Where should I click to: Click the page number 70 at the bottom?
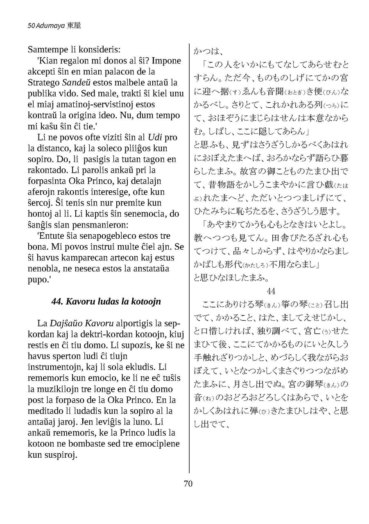[x=188, y=483]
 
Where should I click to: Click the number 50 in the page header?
[x=31, y=25]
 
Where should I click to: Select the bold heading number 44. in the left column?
[x=59, y=301]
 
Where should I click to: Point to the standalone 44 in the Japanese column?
[x=271, y=291]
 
